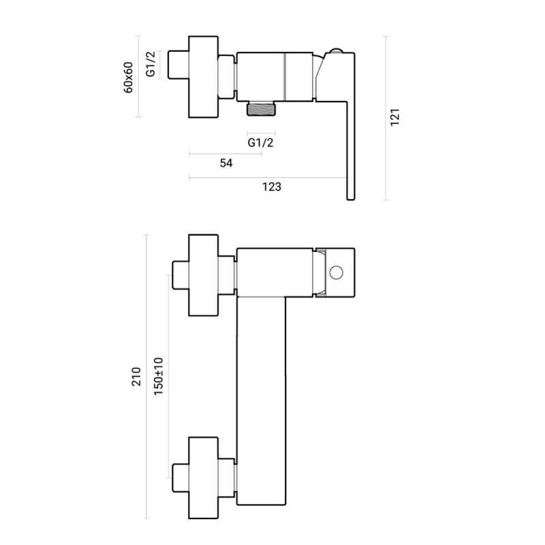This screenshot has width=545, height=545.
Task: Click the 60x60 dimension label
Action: coord(128,77)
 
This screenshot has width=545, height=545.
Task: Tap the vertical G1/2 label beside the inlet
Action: coord(150,64)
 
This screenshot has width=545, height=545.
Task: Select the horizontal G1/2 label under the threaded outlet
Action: coord(261,142)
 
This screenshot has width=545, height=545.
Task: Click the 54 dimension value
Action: coord(226,163)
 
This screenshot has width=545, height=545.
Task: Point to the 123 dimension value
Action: coord(271,187)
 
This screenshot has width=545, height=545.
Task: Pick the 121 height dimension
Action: coord(395,117)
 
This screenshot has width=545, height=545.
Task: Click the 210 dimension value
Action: coord(136,377)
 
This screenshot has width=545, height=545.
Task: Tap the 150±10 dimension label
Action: coord(158,377)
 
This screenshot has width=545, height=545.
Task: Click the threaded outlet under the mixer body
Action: coord(262,108)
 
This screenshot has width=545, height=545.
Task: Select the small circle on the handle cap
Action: coord(336,273)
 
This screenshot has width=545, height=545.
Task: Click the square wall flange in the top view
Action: coord(203,77)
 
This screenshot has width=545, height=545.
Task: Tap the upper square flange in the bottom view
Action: coord(203,275)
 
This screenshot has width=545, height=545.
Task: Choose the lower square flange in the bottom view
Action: coord(203,478)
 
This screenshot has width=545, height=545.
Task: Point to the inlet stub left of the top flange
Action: coord(178,65)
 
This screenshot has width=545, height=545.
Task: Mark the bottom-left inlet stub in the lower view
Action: coord(181,478)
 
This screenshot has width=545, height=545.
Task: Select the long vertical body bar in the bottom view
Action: coord(262,401)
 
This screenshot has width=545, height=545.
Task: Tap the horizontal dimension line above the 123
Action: coord(268,178)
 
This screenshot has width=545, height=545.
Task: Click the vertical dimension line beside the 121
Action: coord(386,118)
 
